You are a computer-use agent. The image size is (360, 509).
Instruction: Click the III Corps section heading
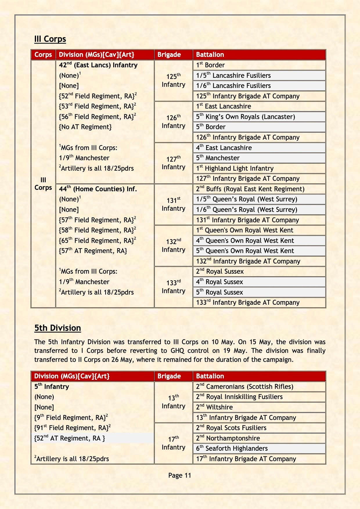coord(50,39)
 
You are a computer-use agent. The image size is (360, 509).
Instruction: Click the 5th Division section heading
coord(57,328)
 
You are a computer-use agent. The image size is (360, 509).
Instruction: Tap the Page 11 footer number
coord(179,475)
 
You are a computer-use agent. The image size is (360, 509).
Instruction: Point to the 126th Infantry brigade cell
coord(173,122)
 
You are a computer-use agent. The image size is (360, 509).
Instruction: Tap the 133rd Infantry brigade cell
coord(173,287)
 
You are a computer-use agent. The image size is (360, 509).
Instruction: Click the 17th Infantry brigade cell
coord(173,443)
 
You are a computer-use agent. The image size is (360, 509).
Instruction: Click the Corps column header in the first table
coord(43,55)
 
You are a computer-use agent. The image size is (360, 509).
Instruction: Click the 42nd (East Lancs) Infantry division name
coord(98,65)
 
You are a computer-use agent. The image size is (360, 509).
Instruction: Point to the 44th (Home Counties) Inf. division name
coord(98,189)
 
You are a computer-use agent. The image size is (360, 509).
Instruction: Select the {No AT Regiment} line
coord(85,127)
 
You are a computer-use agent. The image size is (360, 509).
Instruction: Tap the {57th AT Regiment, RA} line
coord(93,251)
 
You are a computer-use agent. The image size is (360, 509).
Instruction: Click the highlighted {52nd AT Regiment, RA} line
coord(70,438)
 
